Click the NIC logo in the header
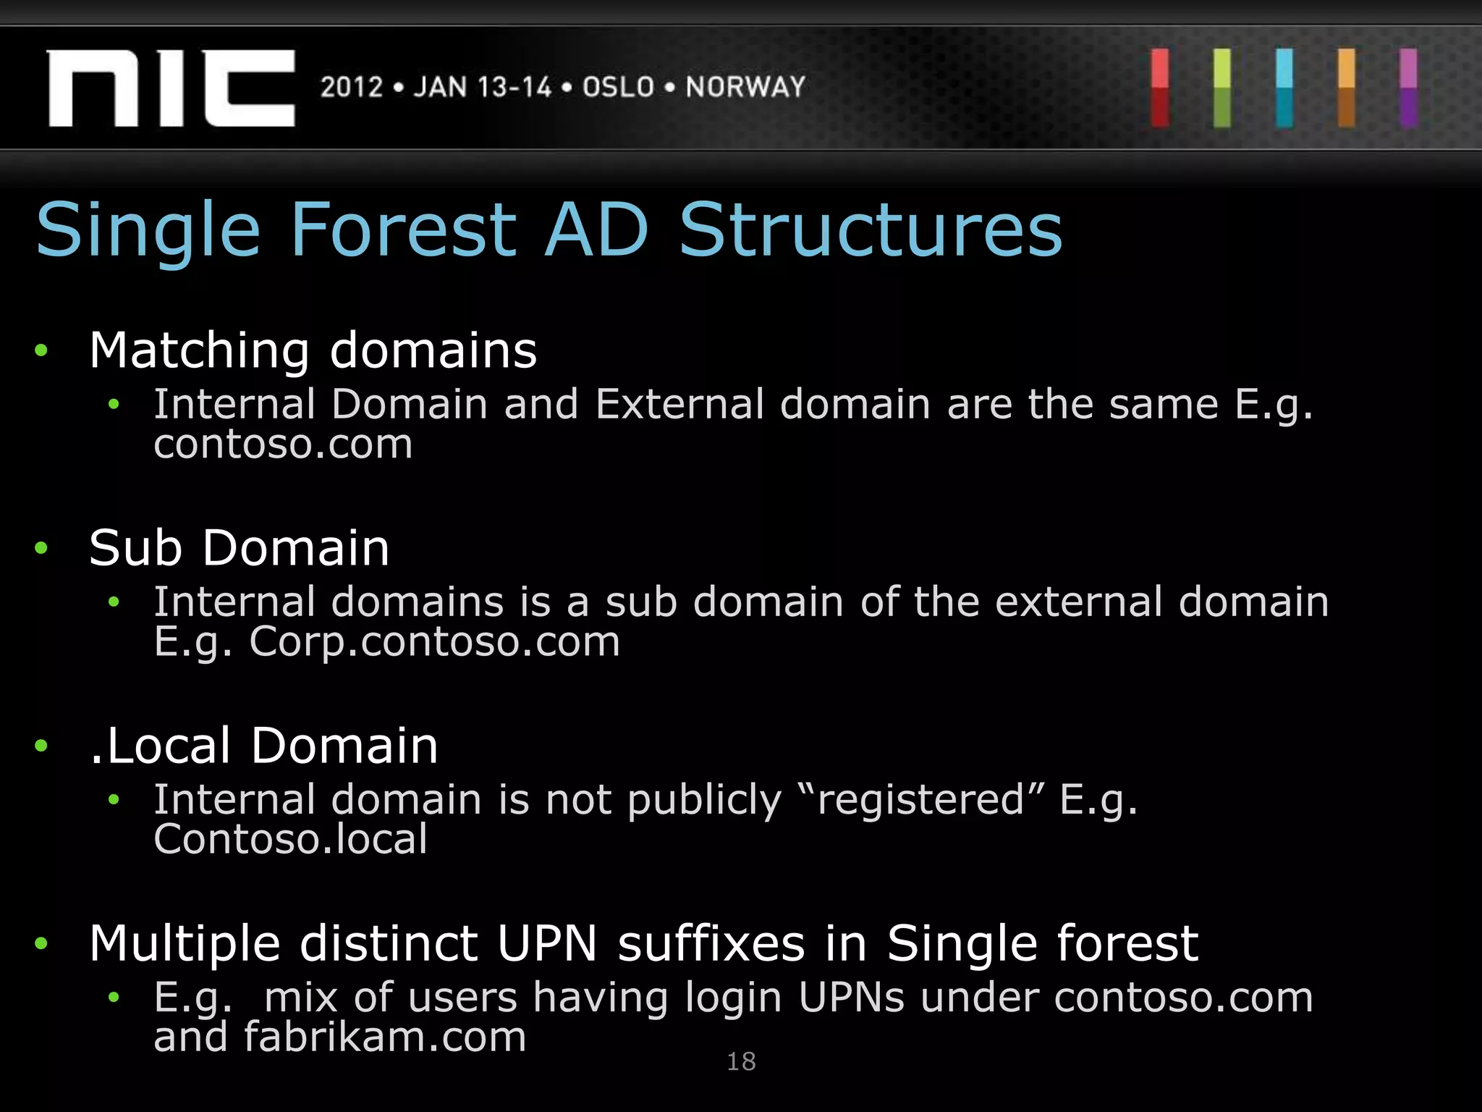(x=171, y=88)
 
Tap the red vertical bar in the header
(x=1160, y=88)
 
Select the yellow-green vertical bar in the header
(x=1222, y=88)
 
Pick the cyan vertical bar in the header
(x=1284, y=88)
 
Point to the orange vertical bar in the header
(x=1347, y=88)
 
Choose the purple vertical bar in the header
(x=1408, y=88)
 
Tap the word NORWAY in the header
(x=745, y=88)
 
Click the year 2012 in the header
(x=352, y=88)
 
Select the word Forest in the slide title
(x=404, y=230)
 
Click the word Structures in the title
(x=871, y=230)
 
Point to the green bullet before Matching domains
(x=41, y=351)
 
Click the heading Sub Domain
(x=239, y=548)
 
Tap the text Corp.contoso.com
(x=434, y=641)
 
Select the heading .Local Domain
(x=263, y=746)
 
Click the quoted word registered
(x=920, y=800)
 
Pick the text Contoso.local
(x=290, y=840)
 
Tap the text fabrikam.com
(x=384, y=1037)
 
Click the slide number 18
(x=741, y=1062)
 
